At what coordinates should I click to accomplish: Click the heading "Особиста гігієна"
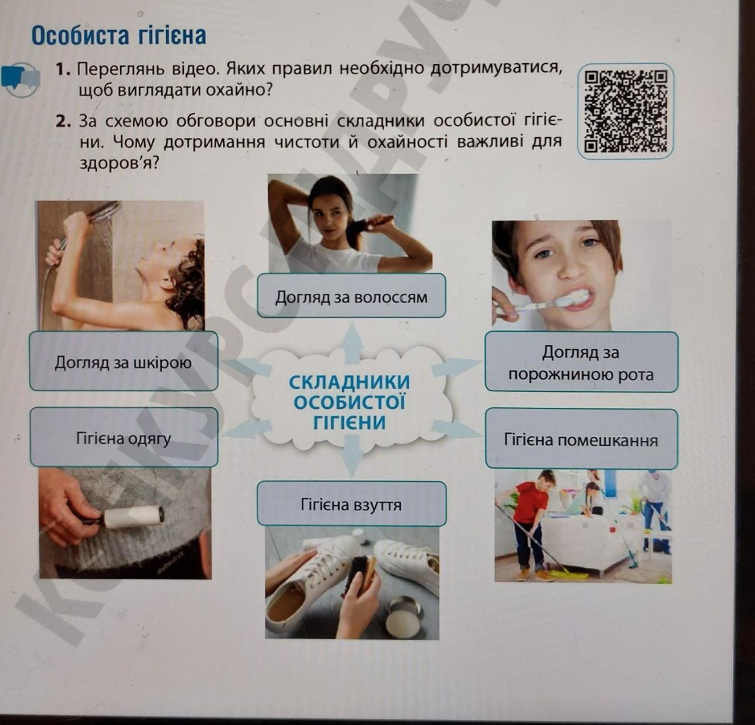tap(119, 36)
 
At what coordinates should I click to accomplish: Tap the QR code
tap(625, 111)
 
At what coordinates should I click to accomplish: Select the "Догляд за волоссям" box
tap(351, 296)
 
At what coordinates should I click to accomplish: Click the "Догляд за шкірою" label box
tap(124, 361)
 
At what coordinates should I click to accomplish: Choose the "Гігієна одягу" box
tap(124, 437)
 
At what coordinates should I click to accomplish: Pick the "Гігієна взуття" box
tap(351, 504)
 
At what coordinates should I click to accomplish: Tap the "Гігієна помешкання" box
tap(581, 439)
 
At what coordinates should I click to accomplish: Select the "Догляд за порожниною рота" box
tap(581, 362)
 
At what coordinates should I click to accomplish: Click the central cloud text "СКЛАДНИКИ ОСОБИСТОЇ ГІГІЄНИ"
tap(350, 402)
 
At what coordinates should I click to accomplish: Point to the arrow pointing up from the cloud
tap(352, 344)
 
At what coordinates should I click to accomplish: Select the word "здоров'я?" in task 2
tap(119, 163)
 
